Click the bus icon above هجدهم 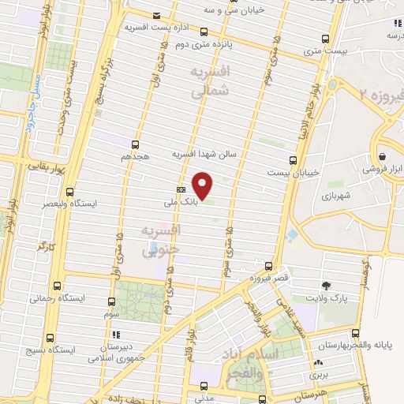point(134,144)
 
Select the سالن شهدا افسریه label point(205,155)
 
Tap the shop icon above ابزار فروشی point(383,155)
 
